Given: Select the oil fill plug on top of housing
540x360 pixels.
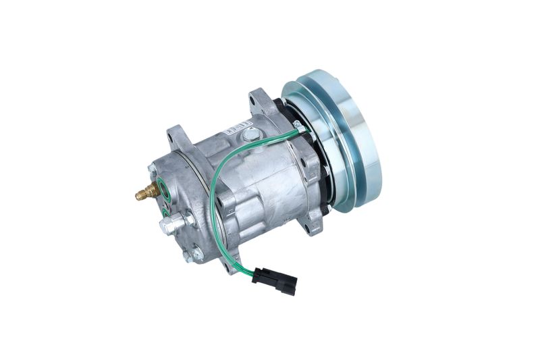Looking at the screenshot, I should [251, 136].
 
